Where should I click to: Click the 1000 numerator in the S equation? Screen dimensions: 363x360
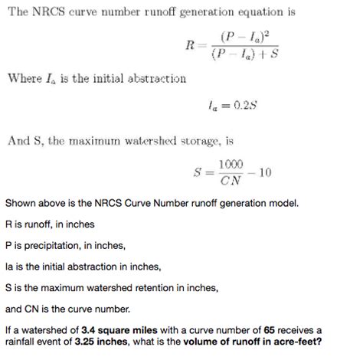click(x=231, y=165)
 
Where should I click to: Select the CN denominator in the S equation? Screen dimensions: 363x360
click(x=231, y=181)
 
